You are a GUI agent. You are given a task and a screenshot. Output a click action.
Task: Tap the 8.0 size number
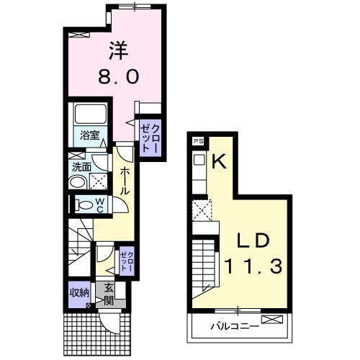click(119, 76)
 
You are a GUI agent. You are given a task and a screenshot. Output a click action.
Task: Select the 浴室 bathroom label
click(89, 136)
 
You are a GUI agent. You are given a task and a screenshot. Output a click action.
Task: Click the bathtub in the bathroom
click(91, 114)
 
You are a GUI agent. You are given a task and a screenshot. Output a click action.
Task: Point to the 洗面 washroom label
click(81, 167)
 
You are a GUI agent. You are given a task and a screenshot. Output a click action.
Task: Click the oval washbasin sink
click(77, 183)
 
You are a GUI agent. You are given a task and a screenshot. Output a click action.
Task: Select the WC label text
click(100, 204)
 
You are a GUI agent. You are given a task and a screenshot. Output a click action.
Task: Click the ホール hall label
click(125, 181)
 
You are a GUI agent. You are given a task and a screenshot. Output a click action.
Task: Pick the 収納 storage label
click(79, 293)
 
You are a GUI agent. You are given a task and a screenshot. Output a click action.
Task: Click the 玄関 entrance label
click(108, 294)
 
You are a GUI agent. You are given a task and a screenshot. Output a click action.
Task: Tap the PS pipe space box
click(199, 141)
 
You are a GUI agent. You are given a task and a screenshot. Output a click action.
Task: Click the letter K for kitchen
click(219, 161)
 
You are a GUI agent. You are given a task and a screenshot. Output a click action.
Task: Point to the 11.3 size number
click(253, 266)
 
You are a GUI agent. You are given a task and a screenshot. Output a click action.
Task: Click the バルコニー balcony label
click(235, 326)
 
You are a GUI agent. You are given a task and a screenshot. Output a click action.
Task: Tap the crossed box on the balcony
click(272, 320)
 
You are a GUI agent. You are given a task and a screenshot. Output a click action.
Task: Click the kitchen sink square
click(199, 160)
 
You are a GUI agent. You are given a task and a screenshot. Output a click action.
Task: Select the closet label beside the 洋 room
click(150, 138)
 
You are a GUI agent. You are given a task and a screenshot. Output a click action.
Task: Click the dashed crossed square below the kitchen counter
click(202, 210)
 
